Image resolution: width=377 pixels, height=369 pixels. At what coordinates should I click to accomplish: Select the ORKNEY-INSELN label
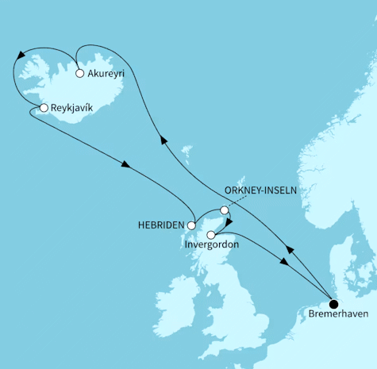click(x=262, y=190)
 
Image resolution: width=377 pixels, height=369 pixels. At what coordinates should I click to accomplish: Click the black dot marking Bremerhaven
click(x=333, y=303)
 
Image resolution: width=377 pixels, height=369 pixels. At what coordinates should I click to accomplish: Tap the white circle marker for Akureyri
click(x=79, y=74)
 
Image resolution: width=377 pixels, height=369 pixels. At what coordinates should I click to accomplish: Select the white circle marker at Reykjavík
click(x=44, y=107)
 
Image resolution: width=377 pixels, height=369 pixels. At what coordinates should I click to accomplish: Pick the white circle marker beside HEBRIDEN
click(x=190, y=225)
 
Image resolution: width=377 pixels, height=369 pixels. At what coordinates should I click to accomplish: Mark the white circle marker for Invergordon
click(x=210, y=234)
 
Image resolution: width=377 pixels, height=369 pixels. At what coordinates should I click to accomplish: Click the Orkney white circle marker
click(x=225, y=210)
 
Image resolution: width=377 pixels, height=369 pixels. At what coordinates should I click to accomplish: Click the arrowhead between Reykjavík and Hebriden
click(x=125, y=165)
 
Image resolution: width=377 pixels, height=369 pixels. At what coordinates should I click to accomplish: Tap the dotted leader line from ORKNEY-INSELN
click(x=238, y=202)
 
